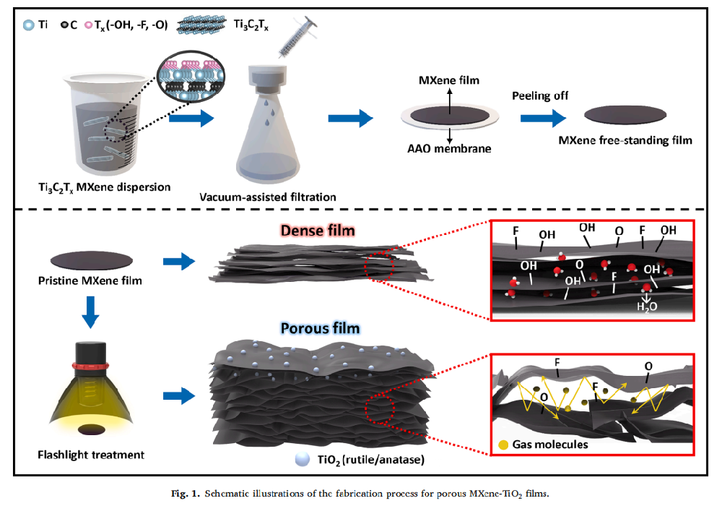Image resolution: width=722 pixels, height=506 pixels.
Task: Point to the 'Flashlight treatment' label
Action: [x=91, y=455]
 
